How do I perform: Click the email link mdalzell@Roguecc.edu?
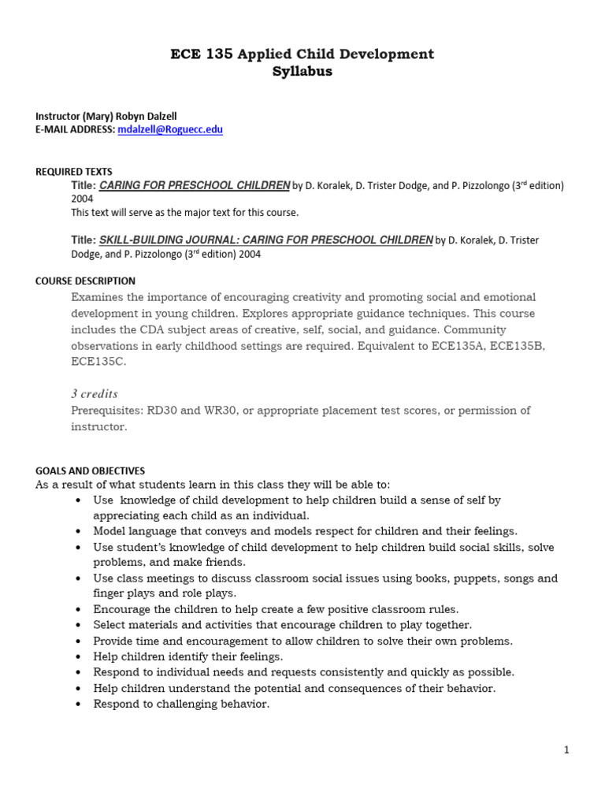tap(170, 130)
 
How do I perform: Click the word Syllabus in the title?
tap(302, 72)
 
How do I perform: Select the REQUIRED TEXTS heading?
tap(74, 171)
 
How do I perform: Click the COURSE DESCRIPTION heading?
tap(85, 281)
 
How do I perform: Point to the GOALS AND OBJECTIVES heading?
tap(90, 470)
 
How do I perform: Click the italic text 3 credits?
tap(95, 393)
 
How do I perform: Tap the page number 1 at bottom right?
tap(566, 750)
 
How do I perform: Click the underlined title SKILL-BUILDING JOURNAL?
tap(266, 240)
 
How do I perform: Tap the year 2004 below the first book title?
tap(83, 199)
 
